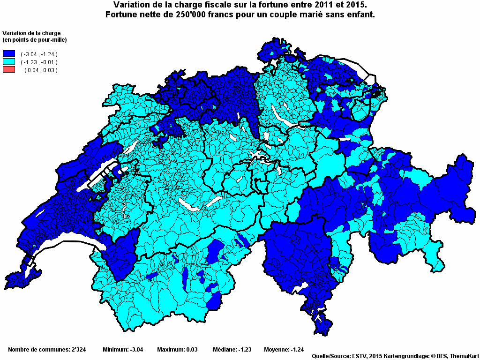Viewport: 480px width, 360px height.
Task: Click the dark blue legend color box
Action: point(9,54)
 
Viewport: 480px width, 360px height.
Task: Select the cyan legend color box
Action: point(9,62)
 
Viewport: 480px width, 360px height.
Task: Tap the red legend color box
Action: point(9,70)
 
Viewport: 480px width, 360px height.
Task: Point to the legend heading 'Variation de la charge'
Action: point(32,33)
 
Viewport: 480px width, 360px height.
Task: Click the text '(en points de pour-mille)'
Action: point(35,39)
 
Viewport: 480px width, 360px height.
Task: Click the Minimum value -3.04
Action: point(135,350)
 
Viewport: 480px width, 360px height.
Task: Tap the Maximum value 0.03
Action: point(190,350)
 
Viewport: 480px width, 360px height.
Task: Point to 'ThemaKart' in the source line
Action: point(464,357)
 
